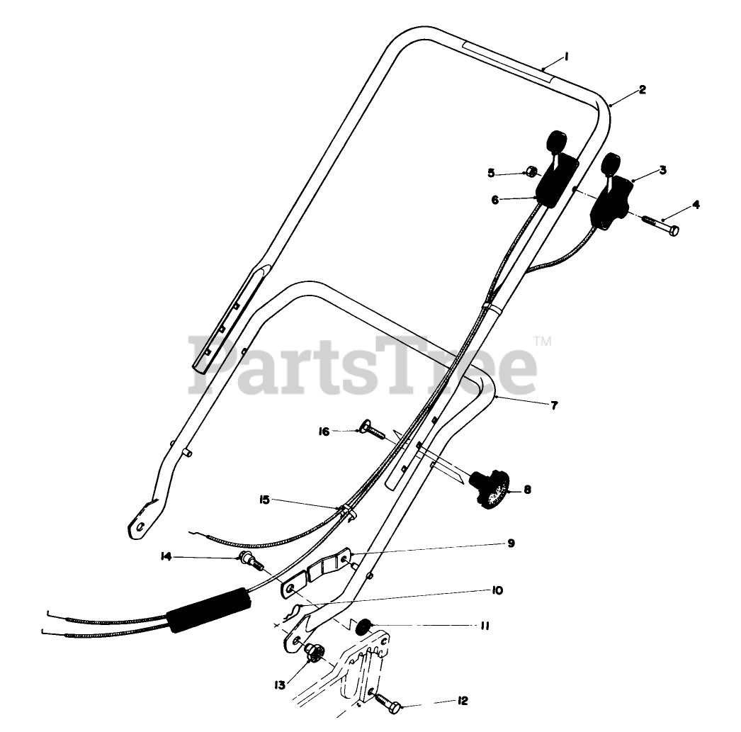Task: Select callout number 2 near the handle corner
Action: (642, 89)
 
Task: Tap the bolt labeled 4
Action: (663, 228)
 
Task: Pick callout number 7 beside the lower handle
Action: (554, 405)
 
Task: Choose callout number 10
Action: (496, 590)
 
